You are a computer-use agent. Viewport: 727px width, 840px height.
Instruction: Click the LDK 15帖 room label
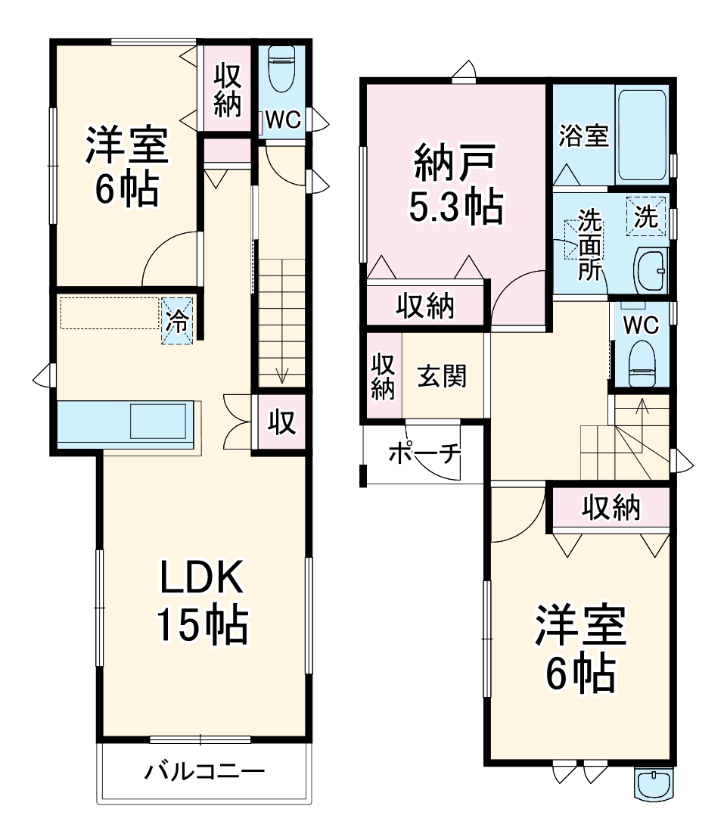(x=202, y=602)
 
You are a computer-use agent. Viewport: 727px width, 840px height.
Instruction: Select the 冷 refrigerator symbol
(x=177, y=320)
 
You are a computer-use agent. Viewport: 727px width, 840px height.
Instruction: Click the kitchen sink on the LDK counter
(x=158, y=421)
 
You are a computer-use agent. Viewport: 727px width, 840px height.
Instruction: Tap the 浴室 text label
(x=584, y=137)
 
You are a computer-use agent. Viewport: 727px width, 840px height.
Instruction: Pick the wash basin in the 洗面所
(x=651, y=269)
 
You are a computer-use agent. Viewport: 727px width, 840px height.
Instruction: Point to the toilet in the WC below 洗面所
(x=642, y=362)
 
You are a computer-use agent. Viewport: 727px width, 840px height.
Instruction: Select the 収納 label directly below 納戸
(x=425, y=306)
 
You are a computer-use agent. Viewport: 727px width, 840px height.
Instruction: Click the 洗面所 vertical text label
(x=589, y=246)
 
